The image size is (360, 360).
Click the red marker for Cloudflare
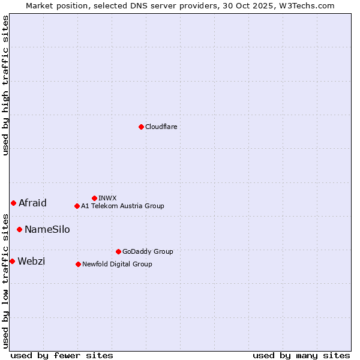click(141, 127)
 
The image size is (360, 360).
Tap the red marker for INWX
click(94, 198)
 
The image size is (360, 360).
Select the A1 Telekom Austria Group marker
click(77, 206)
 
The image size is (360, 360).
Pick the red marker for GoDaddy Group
click(118, 251)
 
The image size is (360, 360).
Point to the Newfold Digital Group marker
click(78, 264)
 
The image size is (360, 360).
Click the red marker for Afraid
click(13, 203)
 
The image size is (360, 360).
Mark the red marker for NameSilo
click(19, 229)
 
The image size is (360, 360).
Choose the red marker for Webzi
click(12, 261)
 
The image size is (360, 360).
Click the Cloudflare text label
click(161, 127)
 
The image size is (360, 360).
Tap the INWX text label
click(107, 198)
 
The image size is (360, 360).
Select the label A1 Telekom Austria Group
click(122, 206)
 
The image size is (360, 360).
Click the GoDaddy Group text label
click(148, 251)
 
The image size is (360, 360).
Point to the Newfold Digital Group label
click(117, 264)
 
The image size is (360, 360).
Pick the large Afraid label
click(32, 203)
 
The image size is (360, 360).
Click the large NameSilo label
click(47, 229)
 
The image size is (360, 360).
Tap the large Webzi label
click(31, 261)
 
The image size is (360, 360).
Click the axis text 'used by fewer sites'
click(62, 355)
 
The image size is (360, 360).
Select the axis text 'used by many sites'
click(301, 355)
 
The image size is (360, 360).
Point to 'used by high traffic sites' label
click(5, 85)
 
